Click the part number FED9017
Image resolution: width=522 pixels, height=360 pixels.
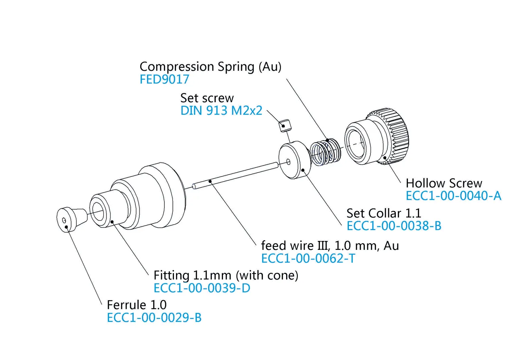(x=164, y=79)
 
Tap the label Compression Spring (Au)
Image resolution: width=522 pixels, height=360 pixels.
(x=211, y=67)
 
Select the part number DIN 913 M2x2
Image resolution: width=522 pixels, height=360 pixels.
(x=221, y=110)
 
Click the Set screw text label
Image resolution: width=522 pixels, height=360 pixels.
(x=207, y=98)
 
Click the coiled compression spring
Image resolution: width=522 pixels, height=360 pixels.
(x=326, y=152)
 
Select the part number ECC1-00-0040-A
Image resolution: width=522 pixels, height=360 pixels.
(x=453, y=196)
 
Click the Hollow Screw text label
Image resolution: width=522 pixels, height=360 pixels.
(x=444, y=183)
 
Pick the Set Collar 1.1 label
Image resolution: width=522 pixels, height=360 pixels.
(x=384, y=213)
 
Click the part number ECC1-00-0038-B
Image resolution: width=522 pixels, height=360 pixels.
(x=394, y=226)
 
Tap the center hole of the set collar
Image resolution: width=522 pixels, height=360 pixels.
(x=288, y=162)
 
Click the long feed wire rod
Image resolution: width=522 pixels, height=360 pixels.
(x=235, y=176)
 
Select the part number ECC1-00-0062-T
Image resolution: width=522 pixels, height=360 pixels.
(x=308, y=258)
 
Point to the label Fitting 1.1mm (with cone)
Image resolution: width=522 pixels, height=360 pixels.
(x=226, y=276)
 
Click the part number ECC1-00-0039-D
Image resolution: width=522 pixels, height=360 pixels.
(x=202, y=288)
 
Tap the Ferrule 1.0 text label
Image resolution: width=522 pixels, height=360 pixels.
(x=137, y=305)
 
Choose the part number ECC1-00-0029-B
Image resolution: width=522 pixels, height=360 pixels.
(x=154, y=317)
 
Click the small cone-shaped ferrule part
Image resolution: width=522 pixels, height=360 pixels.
(x=71, y=219)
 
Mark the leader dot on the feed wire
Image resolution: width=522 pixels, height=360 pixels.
(x=210, y=181)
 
